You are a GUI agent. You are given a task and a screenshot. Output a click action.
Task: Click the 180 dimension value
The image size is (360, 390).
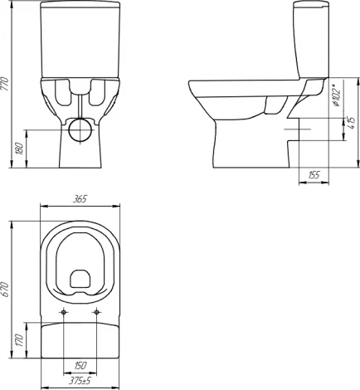(x=19, y=149)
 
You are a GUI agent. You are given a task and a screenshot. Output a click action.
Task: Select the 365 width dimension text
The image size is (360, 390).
(x=80, y=199)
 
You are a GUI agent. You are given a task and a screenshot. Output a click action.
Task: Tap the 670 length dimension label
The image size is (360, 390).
(x=5, y=290)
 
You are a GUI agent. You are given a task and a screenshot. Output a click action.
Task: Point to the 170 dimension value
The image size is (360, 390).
(x=19, y=340)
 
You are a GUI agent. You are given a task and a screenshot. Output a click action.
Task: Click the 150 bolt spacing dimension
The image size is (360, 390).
(x=80, y=365)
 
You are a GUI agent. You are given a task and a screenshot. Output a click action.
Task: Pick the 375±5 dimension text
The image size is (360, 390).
(x=80, y=381)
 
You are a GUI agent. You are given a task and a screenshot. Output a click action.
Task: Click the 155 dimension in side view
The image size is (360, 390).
(x=314, y=175)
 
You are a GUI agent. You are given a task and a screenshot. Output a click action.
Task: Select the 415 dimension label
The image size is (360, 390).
(x=352, y=123)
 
